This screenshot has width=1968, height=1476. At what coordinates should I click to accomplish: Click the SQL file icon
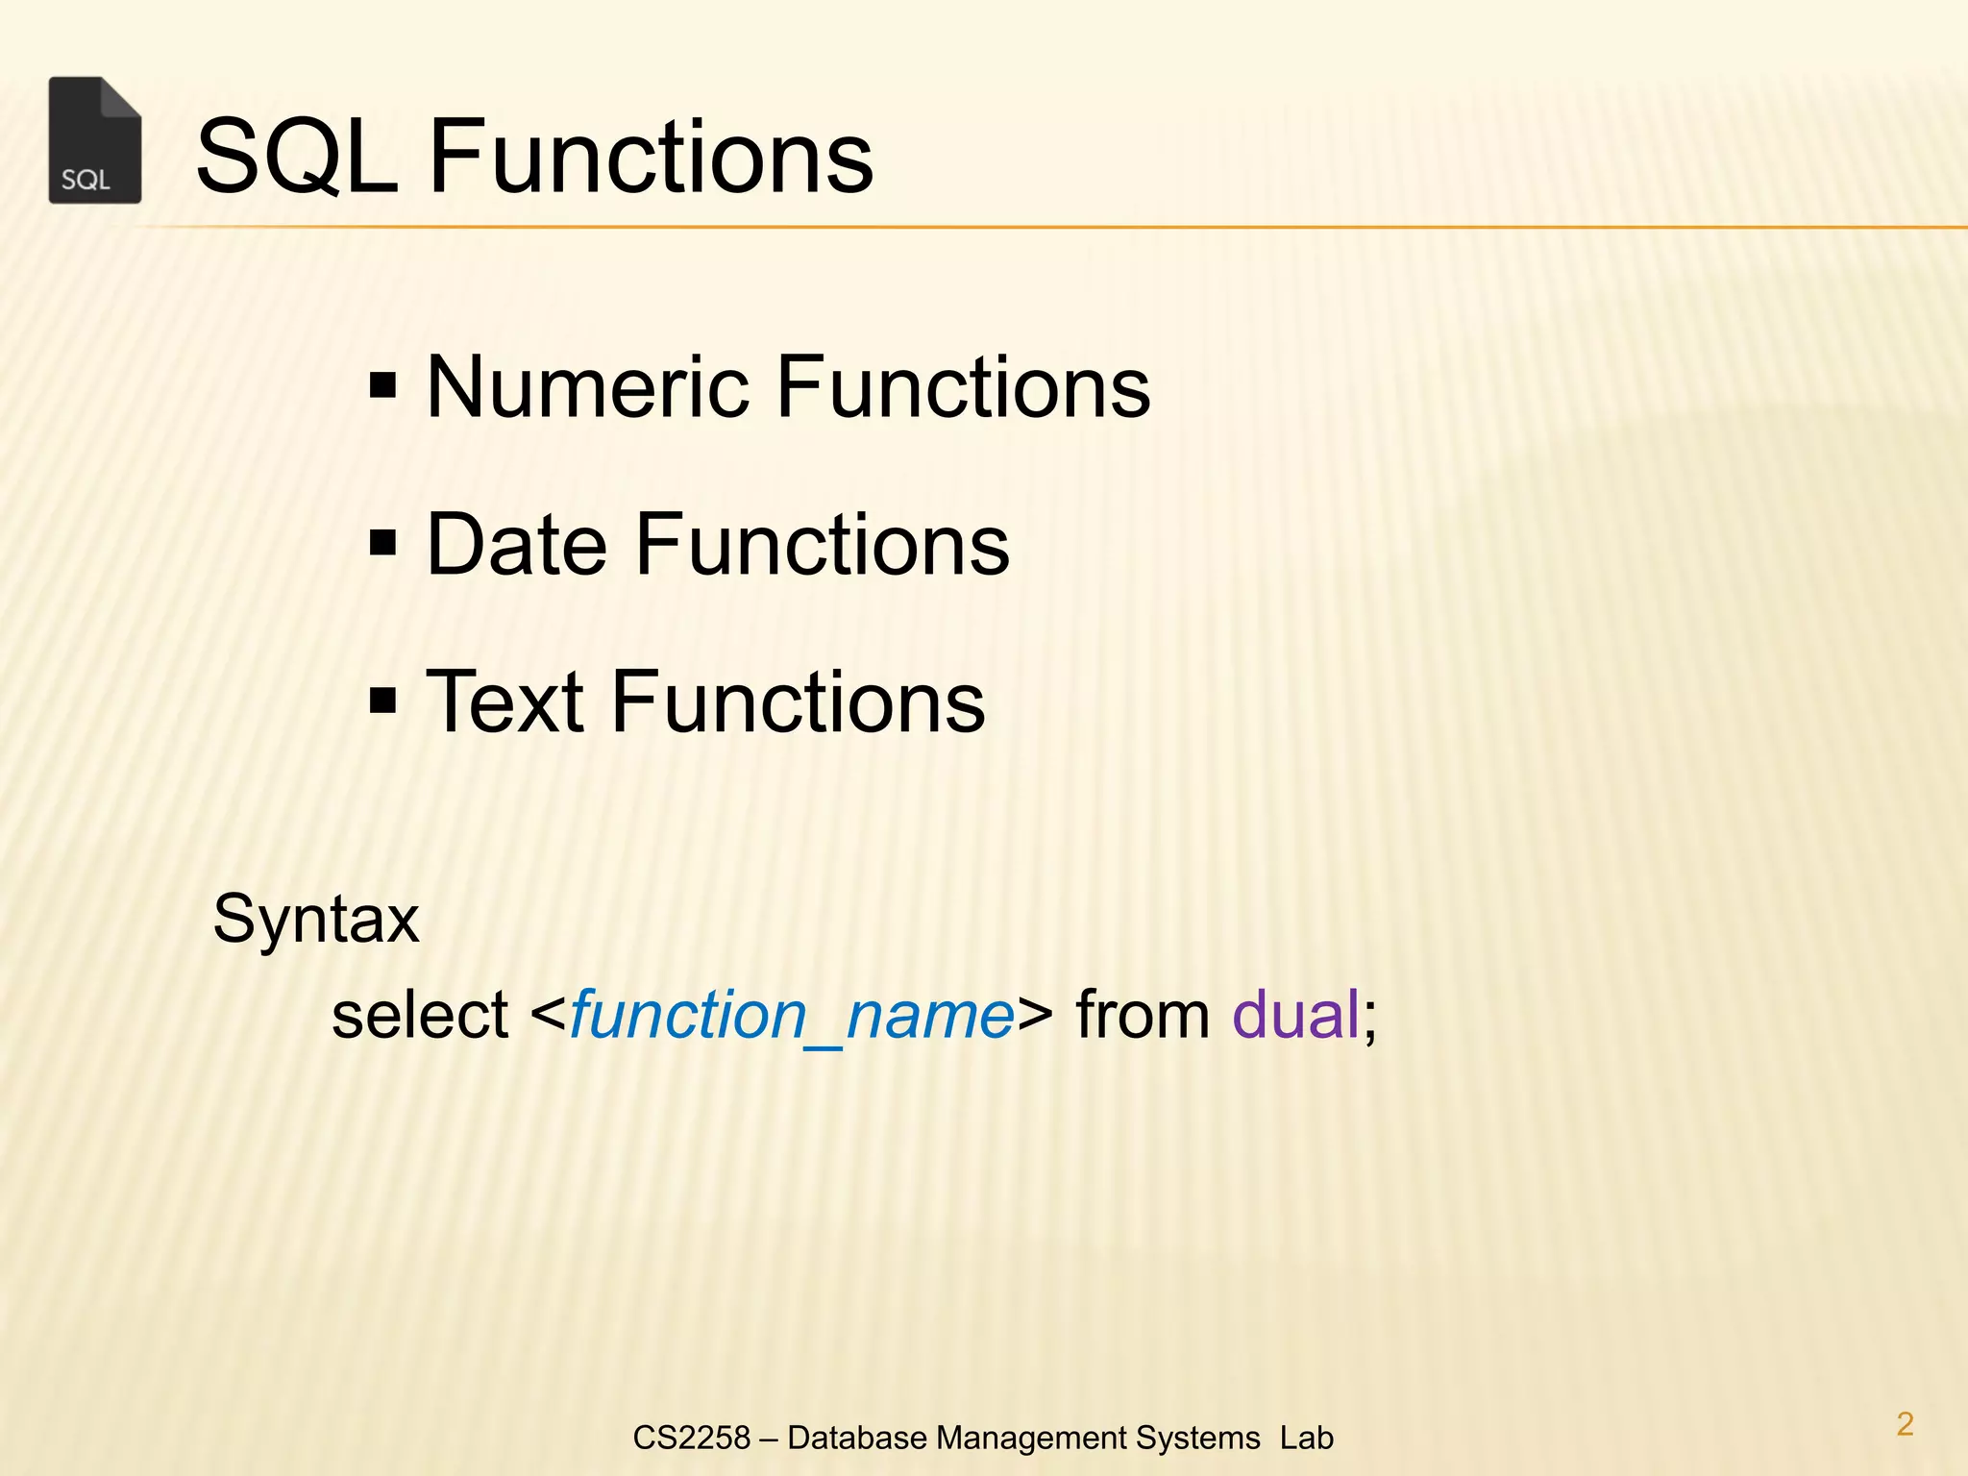95,140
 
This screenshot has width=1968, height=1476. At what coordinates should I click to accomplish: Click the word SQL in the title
296,156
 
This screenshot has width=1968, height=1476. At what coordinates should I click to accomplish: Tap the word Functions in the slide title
651,156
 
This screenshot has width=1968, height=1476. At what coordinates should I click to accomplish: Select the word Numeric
587,386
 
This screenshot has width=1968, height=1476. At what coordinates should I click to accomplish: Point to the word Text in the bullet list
504,701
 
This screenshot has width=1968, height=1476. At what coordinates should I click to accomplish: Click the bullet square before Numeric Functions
382,387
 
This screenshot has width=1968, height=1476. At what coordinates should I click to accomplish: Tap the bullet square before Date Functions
382,545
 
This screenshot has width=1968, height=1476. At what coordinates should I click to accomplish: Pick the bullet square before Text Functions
382,702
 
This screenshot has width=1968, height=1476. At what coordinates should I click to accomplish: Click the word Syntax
316,920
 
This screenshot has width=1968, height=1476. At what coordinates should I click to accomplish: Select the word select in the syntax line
420,1015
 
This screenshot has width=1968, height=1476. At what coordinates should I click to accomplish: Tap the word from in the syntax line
1143,1015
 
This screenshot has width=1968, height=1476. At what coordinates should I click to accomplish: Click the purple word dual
1295,1015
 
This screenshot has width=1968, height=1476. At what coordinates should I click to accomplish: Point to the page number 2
1905,1423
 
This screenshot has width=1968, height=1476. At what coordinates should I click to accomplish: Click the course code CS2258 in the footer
691,1438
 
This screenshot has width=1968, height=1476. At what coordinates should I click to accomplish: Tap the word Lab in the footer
1306,1438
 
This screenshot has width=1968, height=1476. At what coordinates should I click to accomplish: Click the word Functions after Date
823,544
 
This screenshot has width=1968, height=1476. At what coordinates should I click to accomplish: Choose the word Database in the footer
857,1438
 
